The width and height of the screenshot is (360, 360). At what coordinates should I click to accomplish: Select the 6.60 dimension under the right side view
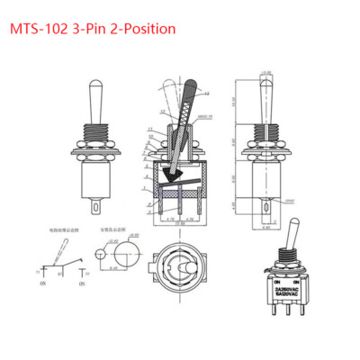point(267,227)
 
